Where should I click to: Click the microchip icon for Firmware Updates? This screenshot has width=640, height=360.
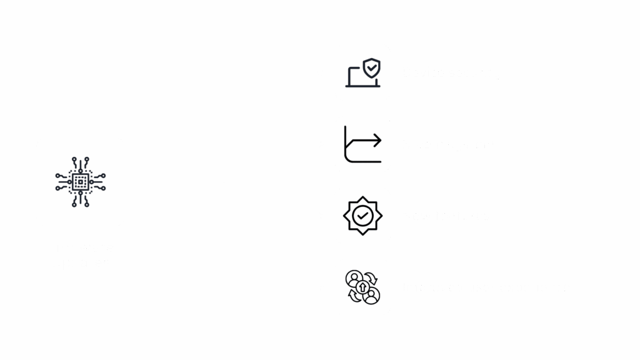click(80, 182)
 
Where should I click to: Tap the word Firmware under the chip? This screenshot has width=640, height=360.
click(80, 247)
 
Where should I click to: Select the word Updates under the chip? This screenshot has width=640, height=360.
click(80, 262)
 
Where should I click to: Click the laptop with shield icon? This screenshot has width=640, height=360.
click(362, 73)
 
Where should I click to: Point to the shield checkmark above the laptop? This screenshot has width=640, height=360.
click(372, 66)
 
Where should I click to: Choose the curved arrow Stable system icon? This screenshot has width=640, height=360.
click(362, 144)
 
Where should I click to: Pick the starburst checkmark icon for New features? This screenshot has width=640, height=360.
click(362, 216)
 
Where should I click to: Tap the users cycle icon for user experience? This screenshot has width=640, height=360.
click(362, 287)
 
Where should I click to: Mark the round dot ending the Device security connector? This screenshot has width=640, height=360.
click(321, 72)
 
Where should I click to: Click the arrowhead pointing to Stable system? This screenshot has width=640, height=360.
click(321, 144)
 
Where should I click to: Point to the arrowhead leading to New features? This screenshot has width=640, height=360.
click(321, 216)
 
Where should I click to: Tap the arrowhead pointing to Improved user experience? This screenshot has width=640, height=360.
click(321, 287)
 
